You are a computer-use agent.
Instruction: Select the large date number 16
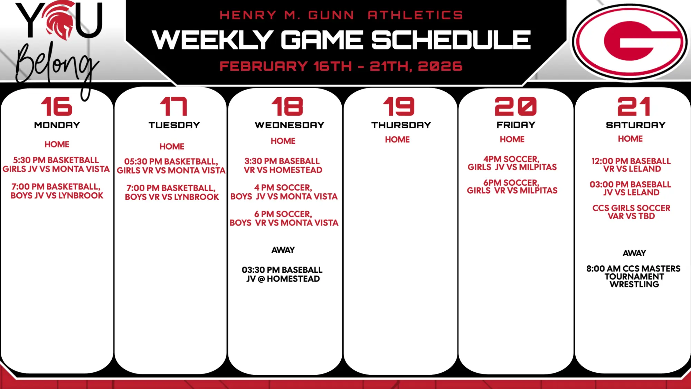(x=57, y=106)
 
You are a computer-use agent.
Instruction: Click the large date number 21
(x=634, y=106)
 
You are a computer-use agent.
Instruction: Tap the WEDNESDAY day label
(x=290, y=125)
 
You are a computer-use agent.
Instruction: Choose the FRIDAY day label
(x=516, y=125)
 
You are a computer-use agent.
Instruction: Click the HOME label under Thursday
(x=397, y=140)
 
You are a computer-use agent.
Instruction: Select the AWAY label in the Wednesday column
(x=283, y=250)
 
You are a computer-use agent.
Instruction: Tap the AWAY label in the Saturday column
(x=634, y=253)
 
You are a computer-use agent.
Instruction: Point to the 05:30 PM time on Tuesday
(x=143, y=161)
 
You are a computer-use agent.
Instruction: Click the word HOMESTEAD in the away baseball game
(x=293, y=279)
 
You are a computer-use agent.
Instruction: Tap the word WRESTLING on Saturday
(x=634, y=284)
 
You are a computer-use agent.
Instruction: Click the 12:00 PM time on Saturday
(x=610, y=161)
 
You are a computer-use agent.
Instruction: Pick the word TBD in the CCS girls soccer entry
(x=647, y=216)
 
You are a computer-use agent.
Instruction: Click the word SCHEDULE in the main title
(x=451, y=40)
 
